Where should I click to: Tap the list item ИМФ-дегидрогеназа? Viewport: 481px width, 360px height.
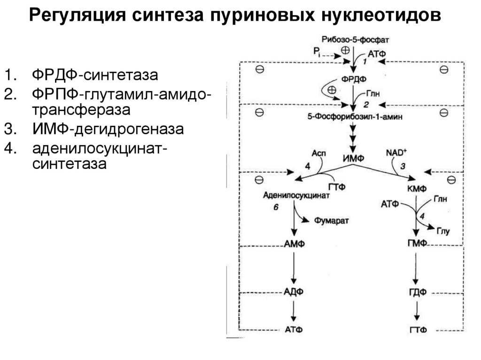click(x=108, y=129)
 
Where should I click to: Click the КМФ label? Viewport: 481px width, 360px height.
click(x=416, y=189)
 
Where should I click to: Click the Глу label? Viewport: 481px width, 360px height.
click(x=443, y=230)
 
